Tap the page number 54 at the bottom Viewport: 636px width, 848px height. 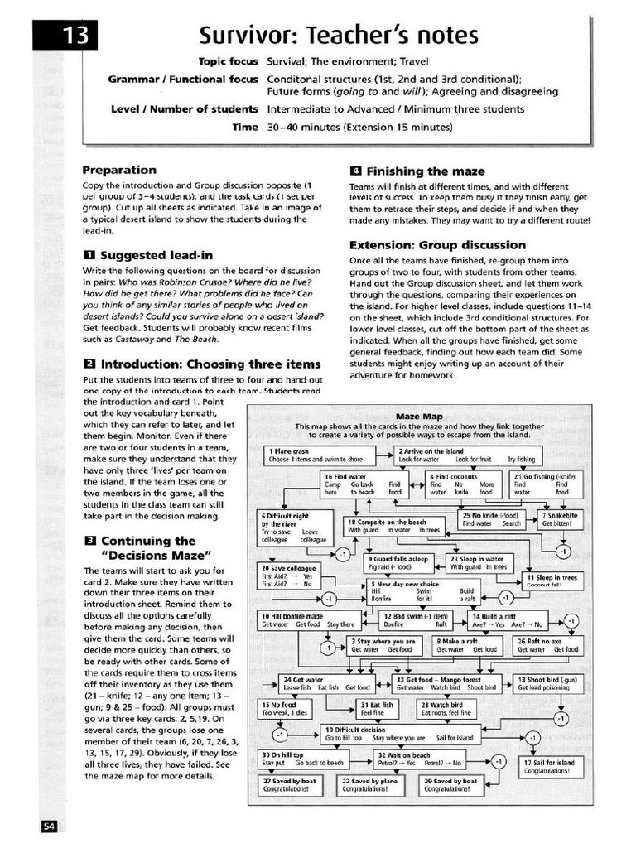[x=49, y=826]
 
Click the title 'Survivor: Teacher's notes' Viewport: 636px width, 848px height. [x=339, y=36]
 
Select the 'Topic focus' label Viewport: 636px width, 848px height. [x=229, y=62]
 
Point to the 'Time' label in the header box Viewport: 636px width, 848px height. [x=245, y=128]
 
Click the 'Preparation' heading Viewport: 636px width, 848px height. [x=119, y=169]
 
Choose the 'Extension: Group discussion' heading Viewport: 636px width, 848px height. [x=437, y=245]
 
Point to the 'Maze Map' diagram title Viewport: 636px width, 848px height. [x=419, y=416]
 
